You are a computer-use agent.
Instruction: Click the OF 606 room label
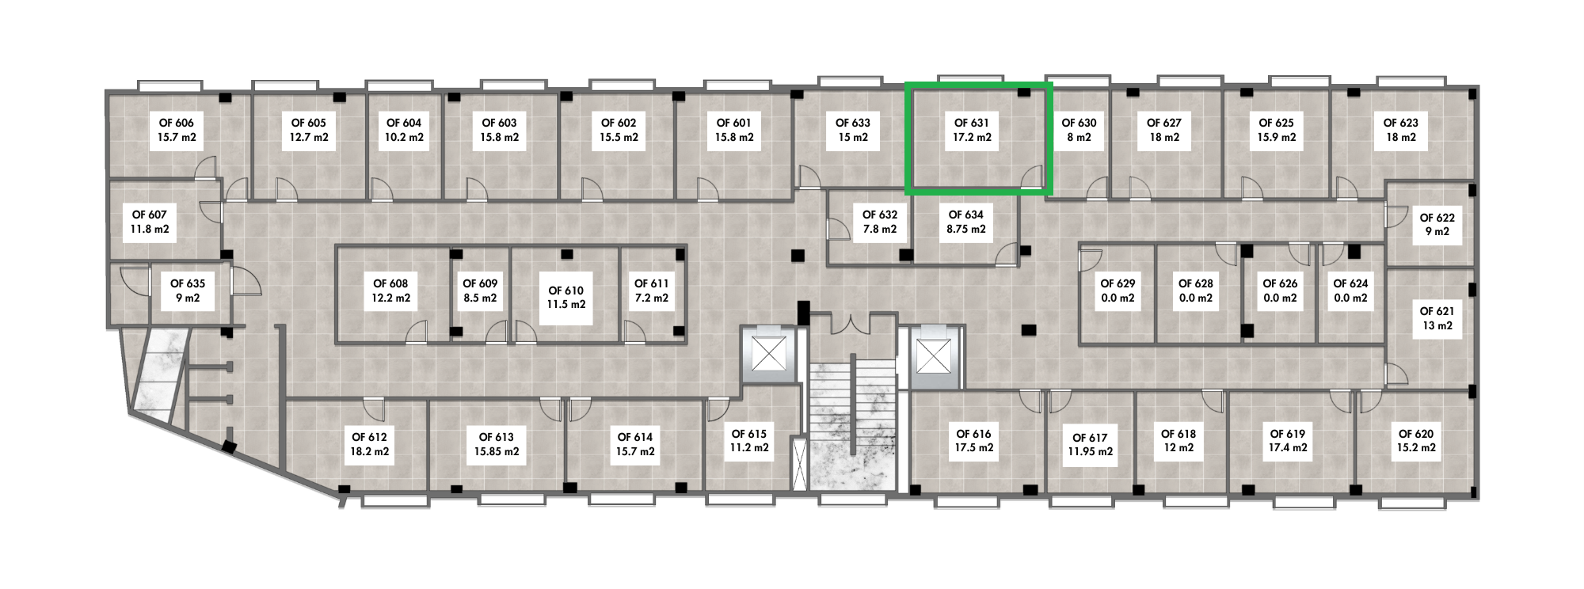[177, 130]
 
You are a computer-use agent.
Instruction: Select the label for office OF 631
[972, 130]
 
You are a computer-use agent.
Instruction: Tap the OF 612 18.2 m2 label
[370, 444]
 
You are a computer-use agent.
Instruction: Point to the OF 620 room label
[1416, 441]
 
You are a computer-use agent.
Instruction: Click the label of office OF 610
[566, 298]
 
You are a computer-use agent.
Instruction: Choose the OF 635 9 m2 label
[188, 291]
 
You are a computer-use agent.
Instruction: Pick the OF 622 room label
[1437, 225]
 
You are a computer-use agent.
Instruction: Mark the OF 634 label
[966, 222]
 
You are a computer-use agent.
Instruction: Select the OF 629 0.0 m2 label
[1118, 291]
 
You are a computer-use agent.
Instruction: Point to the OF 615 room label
[749, 441]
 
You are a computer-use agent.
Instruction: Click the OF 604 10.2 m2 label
[404, 130]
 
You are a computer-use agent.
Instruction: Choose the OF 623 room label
[1400, 130]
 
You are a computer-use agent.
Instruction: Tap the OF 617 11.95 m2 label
[1090, 445]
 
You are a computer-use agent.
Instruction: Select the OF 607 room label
[150, 222]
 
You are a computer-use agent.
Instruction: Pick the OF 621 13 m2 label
[1437, 318]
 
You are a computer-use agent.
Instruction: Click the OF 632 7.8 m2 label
[880, 222]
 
